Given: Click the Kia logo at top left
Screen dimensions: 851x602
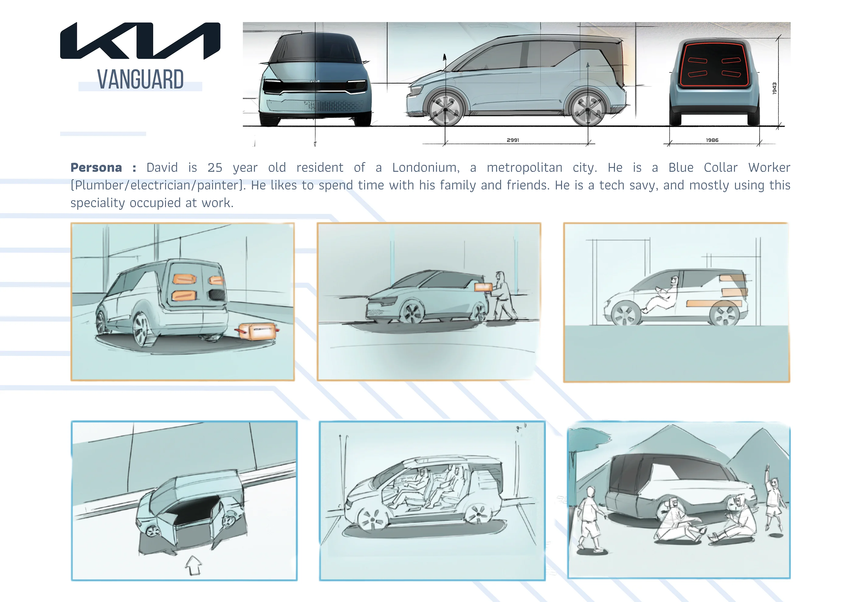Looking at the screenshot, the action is click(x=140, y=40).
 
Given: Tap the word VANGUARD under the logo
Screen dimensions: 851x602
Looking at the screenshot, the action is click(x=140, y=79).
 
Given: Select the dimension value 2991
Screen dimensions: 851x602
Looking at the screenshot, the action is click(x=513, y=140).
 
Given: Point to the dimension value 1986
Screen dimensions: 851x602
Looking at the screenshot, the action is click(x=712, y=140).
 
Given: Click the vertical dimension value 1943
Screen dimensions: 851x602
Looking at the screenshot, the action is click(x=774, y=88).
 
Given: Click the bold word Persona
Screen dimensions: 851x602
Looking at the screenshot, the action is click(x=96, y=168).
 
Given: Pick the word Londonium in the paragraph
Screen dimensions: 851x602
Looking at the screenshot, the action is click(x=426, y=168).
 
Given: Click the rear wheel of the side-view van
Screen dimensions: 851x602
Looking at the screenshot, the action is click(x=588, y=109).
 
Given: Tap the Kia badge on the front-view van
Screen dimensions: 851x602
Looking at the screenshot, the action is click(x=315, y=81).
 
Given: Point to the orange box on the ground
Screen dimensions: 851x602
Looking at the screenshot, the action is click(x=257, y=331).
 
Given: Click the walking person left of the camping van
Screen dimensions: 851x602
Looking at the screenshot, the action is click(x=590, y=520).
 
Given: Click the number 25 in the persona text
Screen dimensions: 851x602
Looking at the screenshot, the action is click(x=215, y=168).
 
